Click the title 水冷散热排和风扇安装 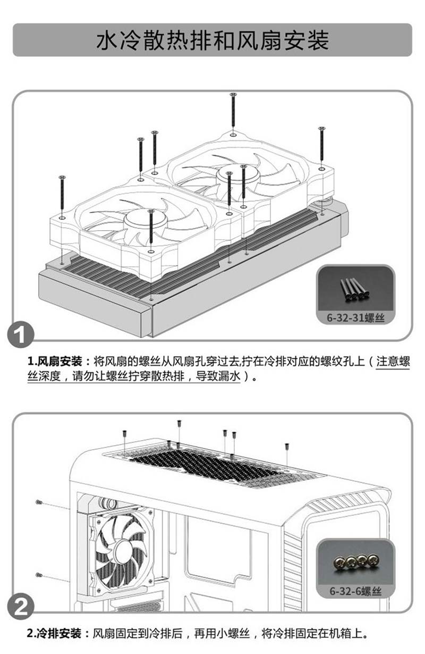point(212,40)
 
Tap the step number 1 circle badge point(20,334)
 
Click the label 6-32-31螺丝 point(355,317)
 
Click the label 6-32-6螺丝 point(355,591)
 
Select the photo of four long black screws point(355,289)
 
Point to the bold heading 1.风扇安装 point(55,362)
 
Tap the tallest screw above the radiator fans point(233,110)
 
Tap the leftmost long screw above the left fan point(62,192)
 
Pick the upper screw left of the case point(39,502)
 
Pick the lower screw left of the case point(39,575)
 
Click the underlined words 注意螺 point(393,362)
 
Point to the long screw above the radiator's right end point(321,144)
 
